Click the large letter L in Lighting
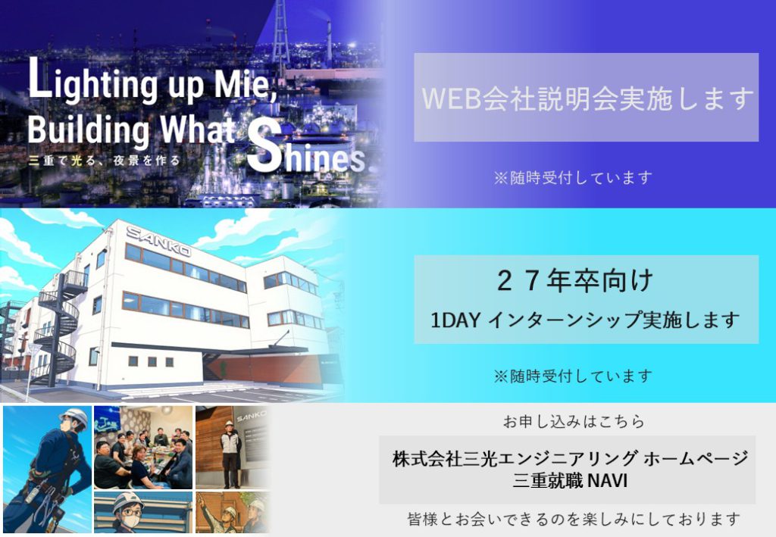pos(39,77)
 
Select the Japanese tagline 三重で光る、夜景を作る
pos(105,161)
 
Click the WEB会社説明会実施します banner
pos(586,98)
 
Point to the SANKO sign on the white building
pos(158,241)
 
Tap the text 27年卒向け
pos(574,280)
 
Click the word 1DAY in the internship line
pos(455,320)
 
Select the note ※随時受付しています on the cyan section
pos(573,376)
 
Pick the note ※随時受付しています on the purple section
pos(573,177)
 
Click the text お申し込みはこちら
pos(574,421)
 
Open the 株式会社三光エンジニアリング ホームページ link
pos(570,458)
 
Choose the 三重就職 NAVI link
pos(570,481)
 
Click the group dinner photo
pos(143,448)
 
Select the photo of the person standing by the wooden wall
pos(233,448)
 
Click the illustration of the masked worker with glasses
pos(143,513)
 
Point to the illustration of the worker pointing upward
pos(233,513)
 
